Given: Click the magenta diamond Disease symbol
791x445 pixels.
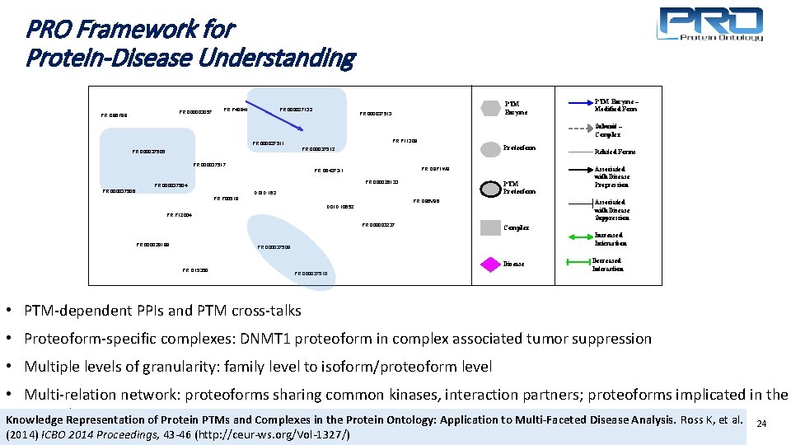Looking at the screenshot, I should [x=492, y=264].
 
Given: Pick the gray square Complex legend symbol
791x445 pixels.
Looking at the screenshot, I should [x=491, y=227].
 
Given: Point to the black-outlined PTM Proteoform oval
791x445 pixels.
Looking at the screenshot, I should [x=492, y=186].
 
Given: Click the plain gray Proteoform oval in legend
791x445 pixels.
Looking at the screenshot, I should [x=492, y=148].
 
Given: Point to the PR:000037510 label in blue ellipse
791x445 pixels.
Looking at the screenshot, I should [x=311, y=273].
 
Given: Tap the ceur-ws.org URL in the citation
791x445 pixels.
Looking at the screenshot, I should [x=288, y=434].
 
